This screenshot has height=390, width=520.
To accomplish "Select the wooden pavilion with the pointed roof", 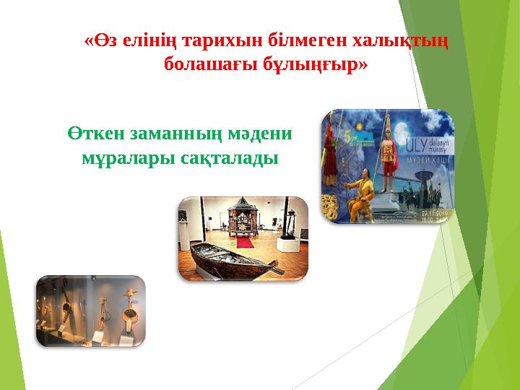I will point(243,220).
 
